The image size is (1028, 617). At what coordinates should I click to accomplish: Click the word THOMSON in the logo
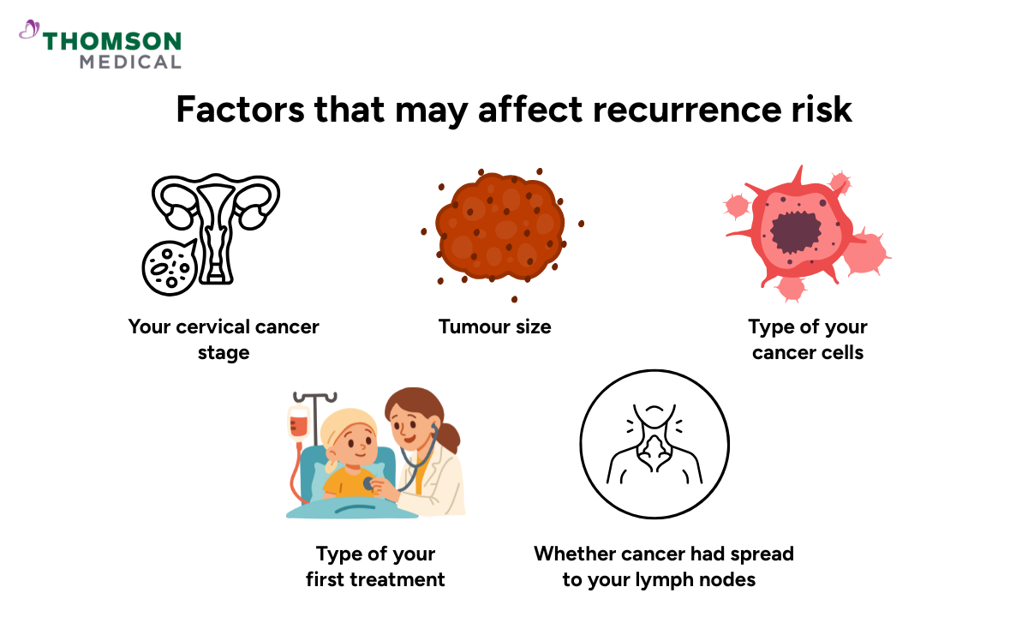[112, 42]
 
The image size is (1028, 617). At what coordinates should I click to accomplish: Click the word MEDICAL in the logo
[130, 62]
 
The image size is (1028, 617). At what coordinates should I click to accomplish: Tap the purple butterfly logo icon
[29, 31]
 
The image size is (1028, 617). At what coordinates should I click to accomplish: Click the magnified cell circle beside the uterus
[169, 264]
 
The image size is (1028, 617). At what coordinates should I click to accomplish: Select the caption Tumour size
[495, 326]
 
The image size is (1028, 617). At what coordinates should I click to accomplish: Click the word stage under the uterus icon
[224, 352]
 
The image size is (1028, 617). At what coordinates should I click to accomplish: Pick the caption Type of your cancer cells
[808, 339]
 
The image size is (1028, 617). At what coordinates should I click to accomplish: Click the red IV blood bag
[299, 423]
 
